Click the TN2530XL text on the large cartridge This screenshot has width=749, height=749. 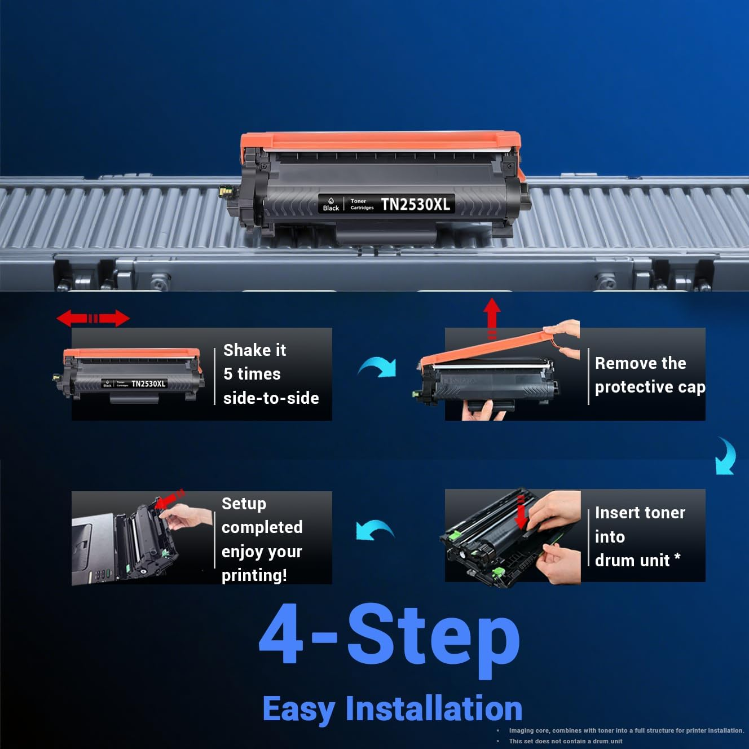click(x=416, y=204)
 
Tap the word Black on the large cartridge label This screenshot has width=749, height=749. click(x=331, y=208)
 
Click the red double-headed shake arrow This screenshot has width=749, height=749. click(x=93, y=318)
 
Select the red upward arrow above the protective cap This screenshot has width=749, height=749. click(x=492, y=316)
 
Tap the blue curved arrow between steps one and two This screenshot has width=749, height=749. click(x=378, y=367)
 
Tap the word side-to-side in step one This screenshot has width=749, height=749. click(x=271, y=398)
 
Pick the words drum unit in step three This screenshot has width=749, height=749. click(x=632, y=561)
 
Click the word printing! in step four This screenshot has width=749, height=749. click(x=254, y=575)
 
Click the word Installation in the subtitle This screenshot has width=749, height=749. click(x=434, y=709)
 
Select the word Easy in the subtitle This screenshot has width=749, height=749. click(x=299, y=709)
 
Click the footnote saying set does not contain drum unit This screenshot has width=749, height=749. click(x=565, y=741)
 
